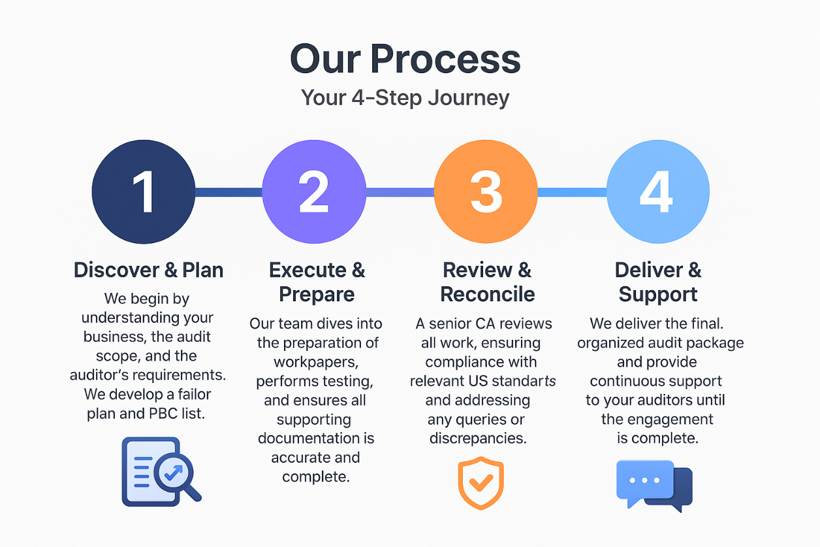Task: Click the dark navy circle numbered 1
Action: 143,192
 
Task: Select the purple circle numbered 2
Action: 314,192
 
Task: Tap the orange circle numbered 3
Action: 486,192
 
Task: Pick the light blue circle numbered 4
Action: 657,192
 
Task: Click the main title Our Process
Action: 405,59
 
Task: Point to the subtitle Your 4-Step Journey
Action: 405,98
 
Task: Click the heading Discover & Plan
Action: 148,270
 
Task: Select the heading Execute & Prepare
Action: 317,282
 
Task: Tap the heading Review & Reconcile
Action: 487,282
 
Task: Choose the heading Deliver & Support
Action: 657,282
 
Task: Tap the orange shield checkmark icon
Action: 481,484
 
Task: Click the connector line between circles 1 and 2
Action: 229,192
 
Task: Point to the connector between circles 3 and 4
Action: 572,192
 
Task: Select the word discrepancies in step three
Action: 478,439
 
